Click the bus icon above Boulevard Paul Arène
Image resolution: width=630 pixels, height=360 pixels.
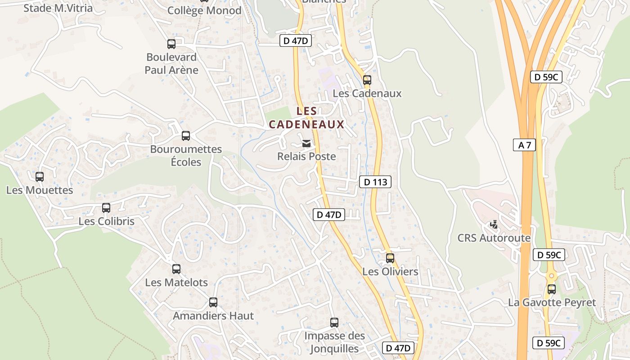pyautogui.click(x=171, y=44)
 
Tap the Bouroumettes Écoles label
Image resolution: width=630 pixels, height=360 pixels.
pyautogui.click(x=186, y=155)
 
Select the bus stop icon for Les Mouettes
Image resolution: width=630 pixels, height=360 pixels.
pyautogui.click(x=40, y=177)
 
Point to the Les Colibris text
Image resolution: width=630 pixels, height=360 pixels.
pyautogui.click(x=106, y=221)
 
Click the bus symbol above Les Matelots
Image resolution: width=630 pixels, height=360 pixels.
pyautogui.click(x=176, y=269)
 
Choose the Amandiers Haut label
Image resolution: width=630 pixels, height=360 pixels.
pyautogui.click(x=213, y=316)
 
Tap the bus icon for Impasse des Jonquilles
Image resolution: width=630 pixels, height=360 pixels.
pyautogui.click(x=334, y=322)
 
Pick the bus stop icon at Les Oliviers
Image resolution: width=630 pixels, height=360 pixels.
pyautogui.click(x=390, y=258)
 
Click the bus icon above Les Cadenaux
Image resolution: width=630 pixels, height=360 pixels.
pyautogui.click(x=367, y=80)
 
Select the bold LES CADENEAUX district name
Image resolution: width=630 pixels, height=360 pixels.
pyautogui.click(x=306, y=117)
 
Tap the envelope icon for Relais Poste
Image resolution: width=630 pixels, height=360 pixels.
pyautogui.click(x=306, y=144)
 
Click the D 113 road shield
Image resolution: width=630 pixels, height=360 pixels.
pyautogui.click(x=375, y=182)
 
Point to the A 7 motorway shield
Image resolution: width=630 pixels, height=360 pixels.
pyautogui.click(x=524, y=145)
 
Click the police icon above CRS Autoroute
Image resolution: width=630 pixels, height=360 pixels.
pyautogui.click(x=494, y=224)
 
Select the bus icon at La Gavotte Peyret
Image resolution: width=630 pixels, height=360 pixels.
pyautogui.click(x=552, y=289)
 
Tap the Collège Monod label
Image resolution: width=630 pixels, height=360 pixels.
pyautogui.click(x=204, y=10)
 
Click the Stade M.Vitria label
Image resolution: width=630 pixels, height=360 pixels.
pyautogui.click(x=58, y=8)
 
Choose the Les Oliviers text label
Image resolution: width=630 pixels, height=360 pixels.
pyautogui.click(x=390, y=272)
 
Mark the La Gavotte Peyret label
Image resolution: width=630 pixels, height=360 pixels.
pyautogui.click(x=552, y=302)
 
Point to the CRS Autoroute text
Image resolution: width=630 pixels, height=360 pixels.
pyautogui.click(x=494, y=238)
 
